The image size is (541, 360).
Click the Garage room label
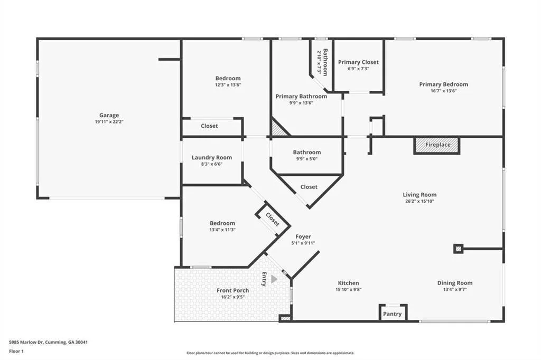coord(109,115)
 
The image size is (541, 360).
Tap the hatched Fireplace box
coord(437,145)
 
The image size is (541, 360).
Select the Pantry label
coord(393,314)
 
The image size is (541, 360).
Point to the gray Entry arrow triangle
coord(274,279)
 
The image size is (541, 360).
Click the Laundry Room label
coord(211,157)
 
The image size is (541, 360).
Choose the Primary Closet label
coord(358,62)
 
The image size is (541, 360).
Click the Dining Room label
coord(454,283)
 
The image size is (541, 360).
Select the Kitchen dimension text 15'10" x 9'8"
coord(348,289)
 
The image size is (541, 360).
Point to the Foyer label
coord(303,237)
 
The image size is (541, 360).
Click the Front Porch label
coord(232,290)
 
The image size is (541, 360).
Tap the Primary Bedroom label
coord(443,84)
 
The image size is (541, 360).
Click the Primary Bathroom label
coord(301,96)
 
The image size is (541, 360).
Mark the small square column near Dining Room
coord(458,249)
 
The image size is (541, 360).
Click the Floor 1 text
coord(16,350)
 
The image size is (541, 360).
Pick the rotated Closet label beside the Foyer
coord(273,219)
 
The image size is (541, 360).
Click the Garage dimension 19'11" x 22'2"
coord(109,122)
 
